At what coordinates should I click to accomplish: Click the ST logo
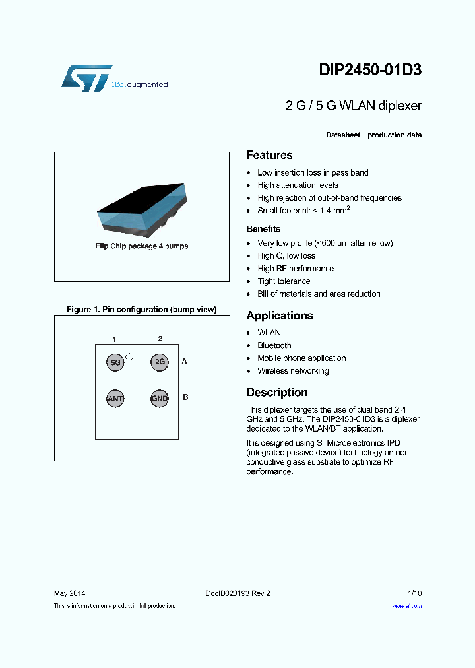[x=86, y=79]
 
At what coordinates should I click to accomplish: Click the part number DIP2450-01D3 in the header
[x=369, y=72]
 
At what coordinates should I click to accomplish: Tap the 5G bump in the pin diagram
[x=115, y=362]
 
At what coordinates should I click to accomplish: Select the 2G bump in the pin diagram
[x=160, y=362]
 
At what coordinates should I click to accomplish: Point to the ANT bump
[x=115, y=399]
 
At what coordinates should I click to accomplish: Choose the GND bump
[x=160, y=399]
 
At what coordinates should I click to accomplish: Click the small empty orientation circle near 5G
[x=129, y=356]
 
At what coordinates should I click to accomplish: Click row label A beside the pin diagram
[x=185, y=361]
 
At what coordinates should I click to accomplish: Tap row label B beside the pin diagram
[x=185, y=397]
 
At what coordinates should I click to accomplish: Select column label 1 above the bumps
[x=114, y=339]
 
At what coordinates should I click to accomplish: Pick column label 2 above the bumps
[x=160, y=339]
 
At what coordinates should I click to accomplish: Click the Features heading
[x=269, y=155]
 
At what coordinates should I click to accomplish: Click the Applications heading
[x=280, y=316]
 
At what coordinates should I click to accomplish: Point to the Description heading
[x=277, y=392]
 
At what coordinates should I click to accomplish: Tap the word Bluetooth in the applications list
[x=274, y=345]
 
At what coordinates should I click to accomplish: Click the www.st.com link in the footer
[x=406, y=605]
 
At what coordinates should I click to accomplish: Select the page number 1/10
[x=414, y=593]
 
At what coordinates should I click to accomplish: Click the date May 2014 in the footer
[x=69, y=593]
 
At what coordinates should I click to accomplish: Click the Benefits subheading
[x=263, y=229]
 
